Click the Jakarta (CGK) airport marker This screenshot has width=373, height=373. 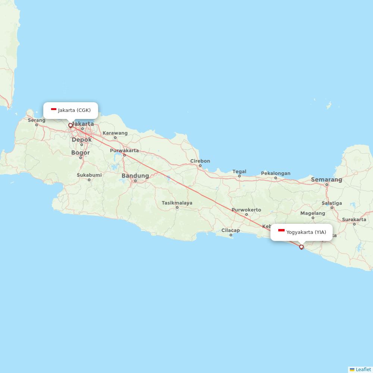pyautogui.click(x=70, y=125)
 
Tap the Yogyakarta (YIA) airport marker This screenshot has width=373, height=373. pyautogui.click(x=301, y=247)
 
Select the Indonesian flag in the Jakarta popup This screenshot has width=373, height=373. pyautogui.click(x=54, y=109)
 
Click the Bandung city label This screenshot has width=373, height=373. pyautogui.click(x=135, y=176)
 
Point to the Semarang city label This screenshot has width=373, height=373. pyautogui.click(x=326, y=180)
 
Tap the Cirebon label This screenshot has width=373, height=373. pyautogui.click(x=200, y=161)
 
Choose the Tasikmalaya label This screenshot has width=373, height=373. pyautogui.click(x=177, y=203)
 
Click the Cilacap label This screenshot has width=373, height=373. pyautogui.click(x=231, y=230)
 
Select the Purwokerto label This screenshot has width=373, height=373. pyautogui.click(x=246, y=210)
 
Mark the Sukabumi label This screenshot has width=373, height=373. pyautogui.click(x=89, y=175)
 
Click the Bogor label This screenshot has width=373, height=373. pyautogui.click(x=81, y=153)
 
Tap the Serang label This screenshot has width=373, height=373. pyautogui.click(x=37, y=120)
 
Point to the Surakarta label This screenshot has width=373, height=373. pyautogui.click(x=354, y=219)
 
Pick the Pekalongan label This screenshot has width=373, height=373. pyautogui.click(x=276, y=173)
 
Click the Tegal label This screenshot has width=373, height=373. pyautogui.click(x=239, y=172)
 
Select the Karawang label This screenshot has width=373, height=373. pyautogui.click(x=115, y=133)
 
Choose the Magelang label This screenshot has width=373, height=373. pyautogui.click(x=313, y=213)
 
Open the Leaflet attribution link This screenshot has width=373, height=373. pyautogui.click(x=363, y=369)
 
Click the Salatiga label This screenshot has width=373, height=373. pyautogui.click(x=332, y=203)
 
